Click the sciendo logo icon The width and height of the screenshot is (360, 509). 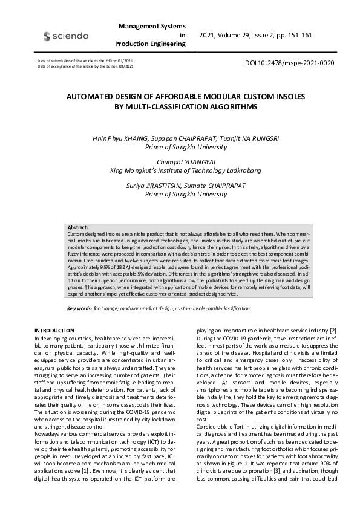coord(47,36)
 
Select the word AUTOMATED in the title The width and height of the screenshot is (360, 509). coord(103,96)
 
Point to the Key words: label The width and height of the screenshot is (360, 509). coord(79,308)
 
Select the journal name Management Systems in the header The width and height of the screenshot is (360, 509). coord(152,27)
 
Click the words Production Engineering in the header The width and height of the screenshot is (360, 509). coord(150,44)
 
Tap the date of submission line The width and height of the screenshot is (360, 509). coord(85,62)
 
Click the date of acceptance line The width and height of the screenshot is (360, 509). coord(85,66)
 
